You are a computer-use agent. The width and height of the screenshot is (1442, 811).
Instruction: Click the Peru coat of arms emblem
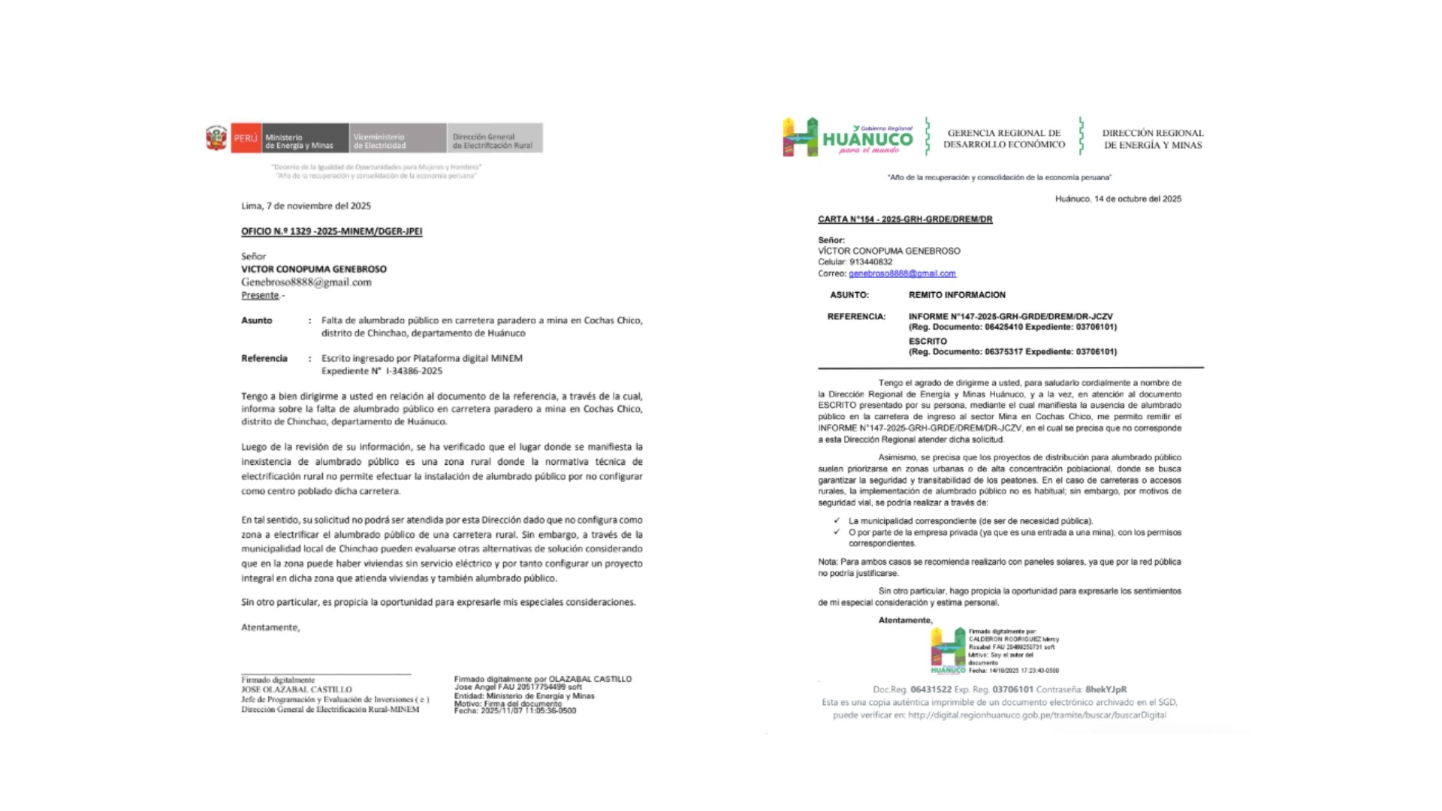216,139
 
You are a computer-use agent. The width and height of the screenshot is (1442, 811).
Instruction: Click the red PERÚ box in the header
246,138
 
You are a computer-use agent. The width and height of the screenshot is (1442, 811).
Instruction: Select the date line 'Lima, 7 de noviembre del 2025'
306,206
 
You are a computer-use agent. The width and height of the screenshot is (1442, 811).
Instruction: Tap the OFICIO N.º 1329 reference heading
331,231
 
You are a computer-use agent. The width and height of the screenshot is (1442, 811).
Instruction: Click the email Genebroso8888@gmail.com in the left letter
306,282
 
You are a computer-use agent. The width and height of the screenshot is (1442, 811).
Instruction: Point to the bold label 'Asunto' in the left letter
257,321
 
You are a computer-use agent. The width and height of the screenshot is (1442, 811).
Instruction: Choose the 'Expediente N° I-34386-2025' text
382,371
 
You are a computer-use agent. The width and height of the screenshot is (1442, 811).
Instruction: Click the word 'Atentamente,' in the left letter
270,627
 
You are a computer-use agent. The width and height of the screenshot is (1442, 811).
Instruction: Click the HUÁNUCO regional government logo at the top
848,137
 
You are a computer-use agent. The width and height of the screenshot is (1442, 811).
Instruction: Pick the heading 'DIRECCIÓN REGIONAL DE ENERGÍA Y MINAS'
1152,139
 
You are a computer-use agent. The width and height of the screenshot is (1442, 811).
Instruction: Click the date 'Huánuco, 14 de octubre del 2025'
1118,199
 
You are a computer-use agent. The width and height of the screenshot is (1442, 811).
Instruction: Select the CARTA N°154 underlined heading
905,219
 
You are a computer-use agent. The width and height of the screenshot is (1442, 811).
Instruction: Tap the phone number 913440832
870,262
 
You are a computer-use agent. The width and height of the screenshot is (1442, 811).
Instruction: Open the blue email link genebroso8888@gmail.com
902,273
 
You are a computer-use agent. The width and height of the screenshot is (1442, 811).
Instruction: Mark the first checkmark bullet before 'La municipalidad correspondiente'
837,520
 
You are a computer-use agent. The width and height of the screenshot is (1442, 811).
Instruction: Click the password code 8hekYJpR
1106,689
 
